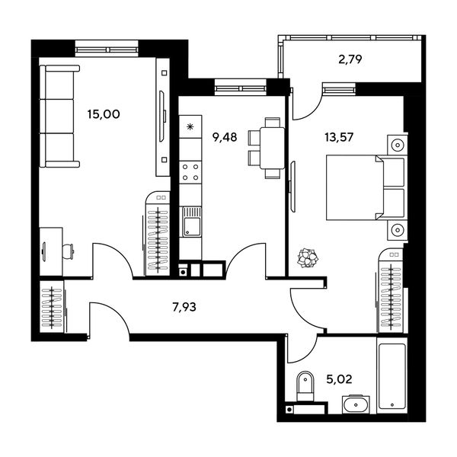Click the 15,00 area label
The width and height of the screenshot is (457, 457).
(104, 114)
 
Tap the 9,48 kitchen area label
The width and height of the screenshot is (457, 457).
(225, 136)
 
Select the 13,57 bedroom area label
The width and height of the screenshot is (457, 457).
(339, 136)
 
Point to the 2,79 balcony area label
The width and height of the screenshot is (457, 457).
(350, 59)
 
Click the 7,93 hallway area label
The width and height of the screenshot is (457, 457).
(184, 307)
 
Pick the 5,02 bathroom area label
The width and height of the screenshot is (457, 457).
(339, 379)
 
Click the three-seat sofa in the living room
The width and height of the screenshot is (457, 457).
(59, 116)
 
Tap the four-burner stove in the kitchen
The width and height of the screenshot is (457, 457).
(190, 172)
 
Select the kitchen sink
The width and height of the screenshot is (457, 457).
(192, 222)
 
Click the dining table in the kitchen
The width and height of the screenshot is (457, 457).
(272, 148)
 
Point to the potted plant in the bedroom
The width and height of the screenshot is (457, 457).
(308, 257)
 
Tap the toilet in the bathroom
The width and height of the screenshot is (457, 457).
(305, 386)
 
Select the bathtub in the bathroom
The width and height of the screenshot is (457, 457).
(392, 376)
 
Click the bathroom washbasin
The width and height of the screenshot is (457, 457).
(356, 404)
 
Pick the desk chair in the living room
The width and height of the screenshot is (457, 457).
(69, 251)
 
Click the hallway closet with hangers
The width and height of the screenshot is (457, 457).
(52, 307)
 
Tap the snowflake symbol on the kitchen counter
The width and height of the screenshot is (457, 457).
(190, 126)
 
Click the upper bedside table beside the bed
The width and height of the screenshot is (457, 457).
(398, 145)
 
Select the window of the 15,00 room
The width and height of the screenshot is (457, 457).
(107, 49)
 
